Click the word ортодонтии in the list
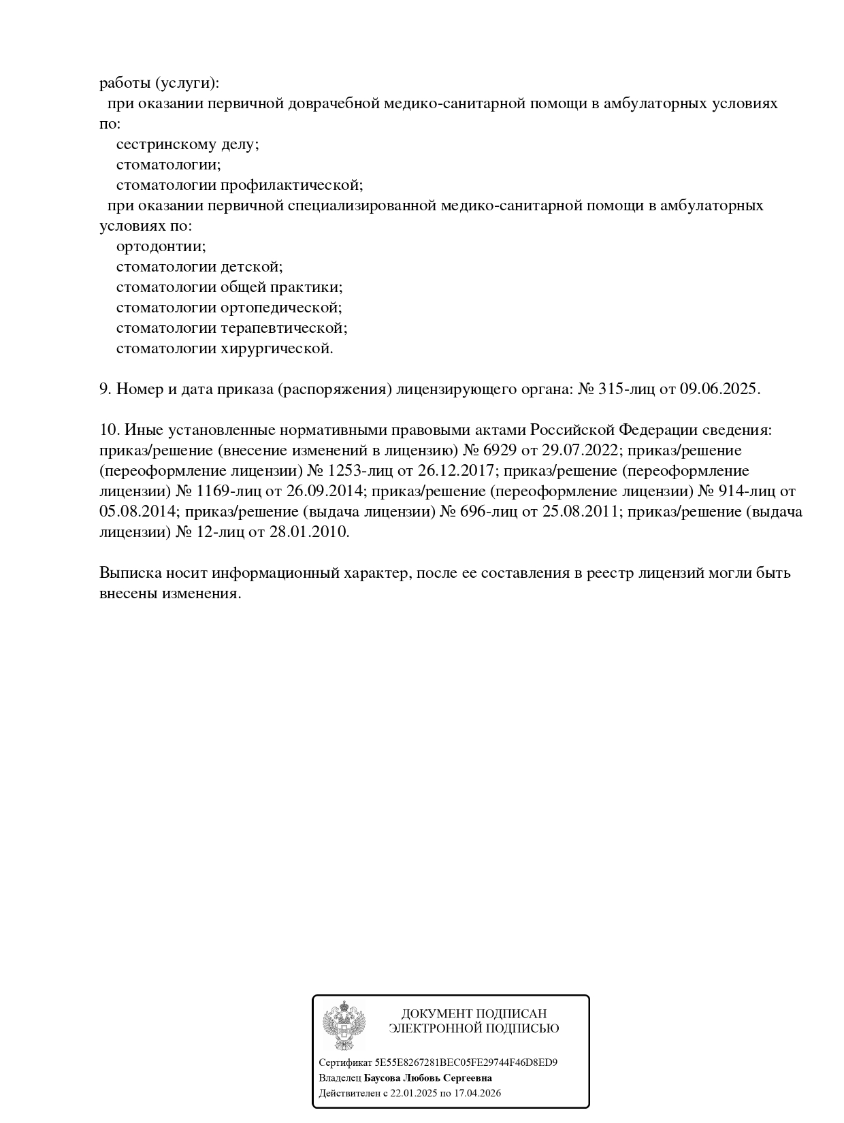pos(161,246)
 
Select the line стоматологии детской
pos(199,267)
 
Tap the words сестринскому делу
pos(187,144)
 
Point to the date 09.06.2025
pos(719,389)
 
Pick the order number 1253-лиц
pos(350,471)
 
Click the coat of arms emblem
pos(344,1025)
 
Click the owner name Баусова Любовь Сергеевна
pos(428,1078)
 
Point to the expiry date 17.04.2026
pos(476,1093)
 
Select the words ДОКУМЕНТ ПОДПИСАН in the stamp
pos(474,1014)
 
